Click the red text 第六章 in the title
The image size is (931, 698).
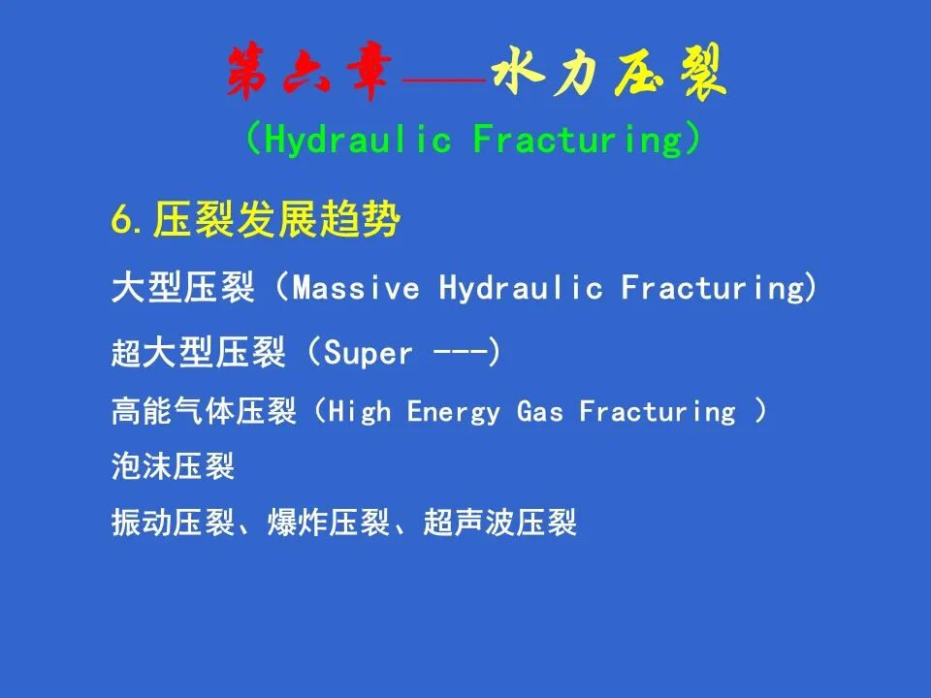[308, 71]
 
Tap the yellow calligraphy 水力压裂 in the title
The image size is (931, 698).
[610, 72]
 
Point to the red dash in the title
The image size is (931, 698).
[443, 79]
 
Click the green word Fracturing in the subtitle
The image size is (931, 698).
[578, 140]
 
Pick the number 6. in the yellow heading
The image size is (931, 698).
[127, 221]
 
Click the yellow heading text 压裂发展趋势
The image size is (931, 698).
[276, 219]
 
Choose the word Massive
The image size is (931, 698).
[356, 289]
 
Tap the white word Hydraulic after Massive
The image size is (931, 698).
[522, 289]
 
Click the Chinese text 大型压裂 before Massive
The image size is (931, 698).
[183, 288]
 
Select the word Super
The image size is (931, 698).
[368, 354]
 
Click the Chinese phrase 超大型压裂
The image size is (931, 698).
[199, 352]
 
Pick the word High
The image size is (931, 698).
[360, 411]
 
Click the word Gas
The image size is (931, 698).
[540, 411]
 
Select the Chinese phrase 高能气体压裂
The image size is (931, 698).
[204, 411]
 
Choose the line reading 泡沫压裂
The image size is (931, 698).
[174, 466]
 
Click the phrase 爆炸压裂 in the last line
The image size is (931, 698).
[329, 523]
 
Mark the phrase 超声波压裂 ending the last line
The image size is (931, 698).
[500, 523]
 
